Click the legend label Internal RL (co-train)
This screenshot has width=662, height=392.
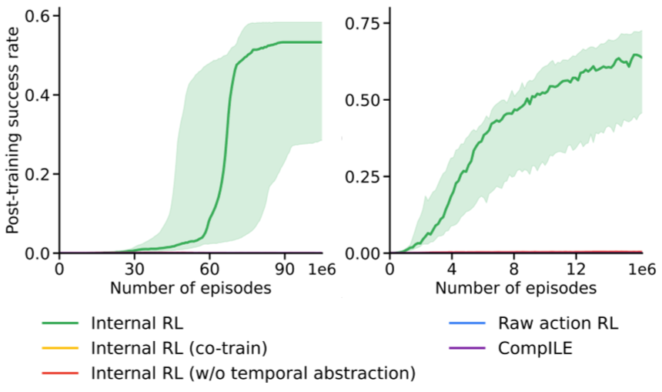pos(179,348)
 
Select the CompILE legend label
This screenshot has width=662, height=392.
pos(530,348)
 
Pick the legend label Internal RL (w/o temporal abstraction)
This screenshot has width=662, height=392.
pos(253,374)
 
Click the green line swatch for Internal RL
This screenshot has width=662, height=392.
pos(55,323)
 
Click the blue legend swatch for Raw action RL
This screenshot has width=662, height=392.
pos(466,323)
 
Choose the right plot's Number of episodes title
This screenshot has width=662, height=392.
pos(515,290)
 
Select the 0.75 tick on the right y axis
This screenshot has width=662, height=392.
pos(362,23)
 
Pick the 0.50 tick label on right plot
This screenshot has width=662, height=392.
pos(362,100)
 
